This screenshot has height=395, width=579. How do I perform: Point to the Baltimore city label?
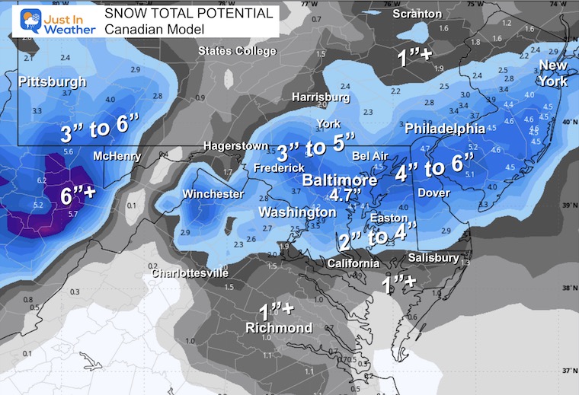coord(339,181)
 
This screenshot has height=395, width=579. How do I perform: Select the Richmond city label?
coord(279,328)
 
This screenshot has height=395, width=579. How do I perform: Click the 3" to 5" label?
coord(316,144)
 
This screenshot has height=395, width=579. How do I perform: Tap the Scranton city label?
coord(417,14)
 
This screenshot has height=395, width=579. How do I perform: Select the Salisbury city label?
coord(433,258)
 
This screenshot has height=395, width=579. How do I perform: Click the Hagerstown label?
coord(235,146)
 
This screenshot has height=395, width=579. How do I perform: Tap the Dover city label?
coord(433,193)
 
